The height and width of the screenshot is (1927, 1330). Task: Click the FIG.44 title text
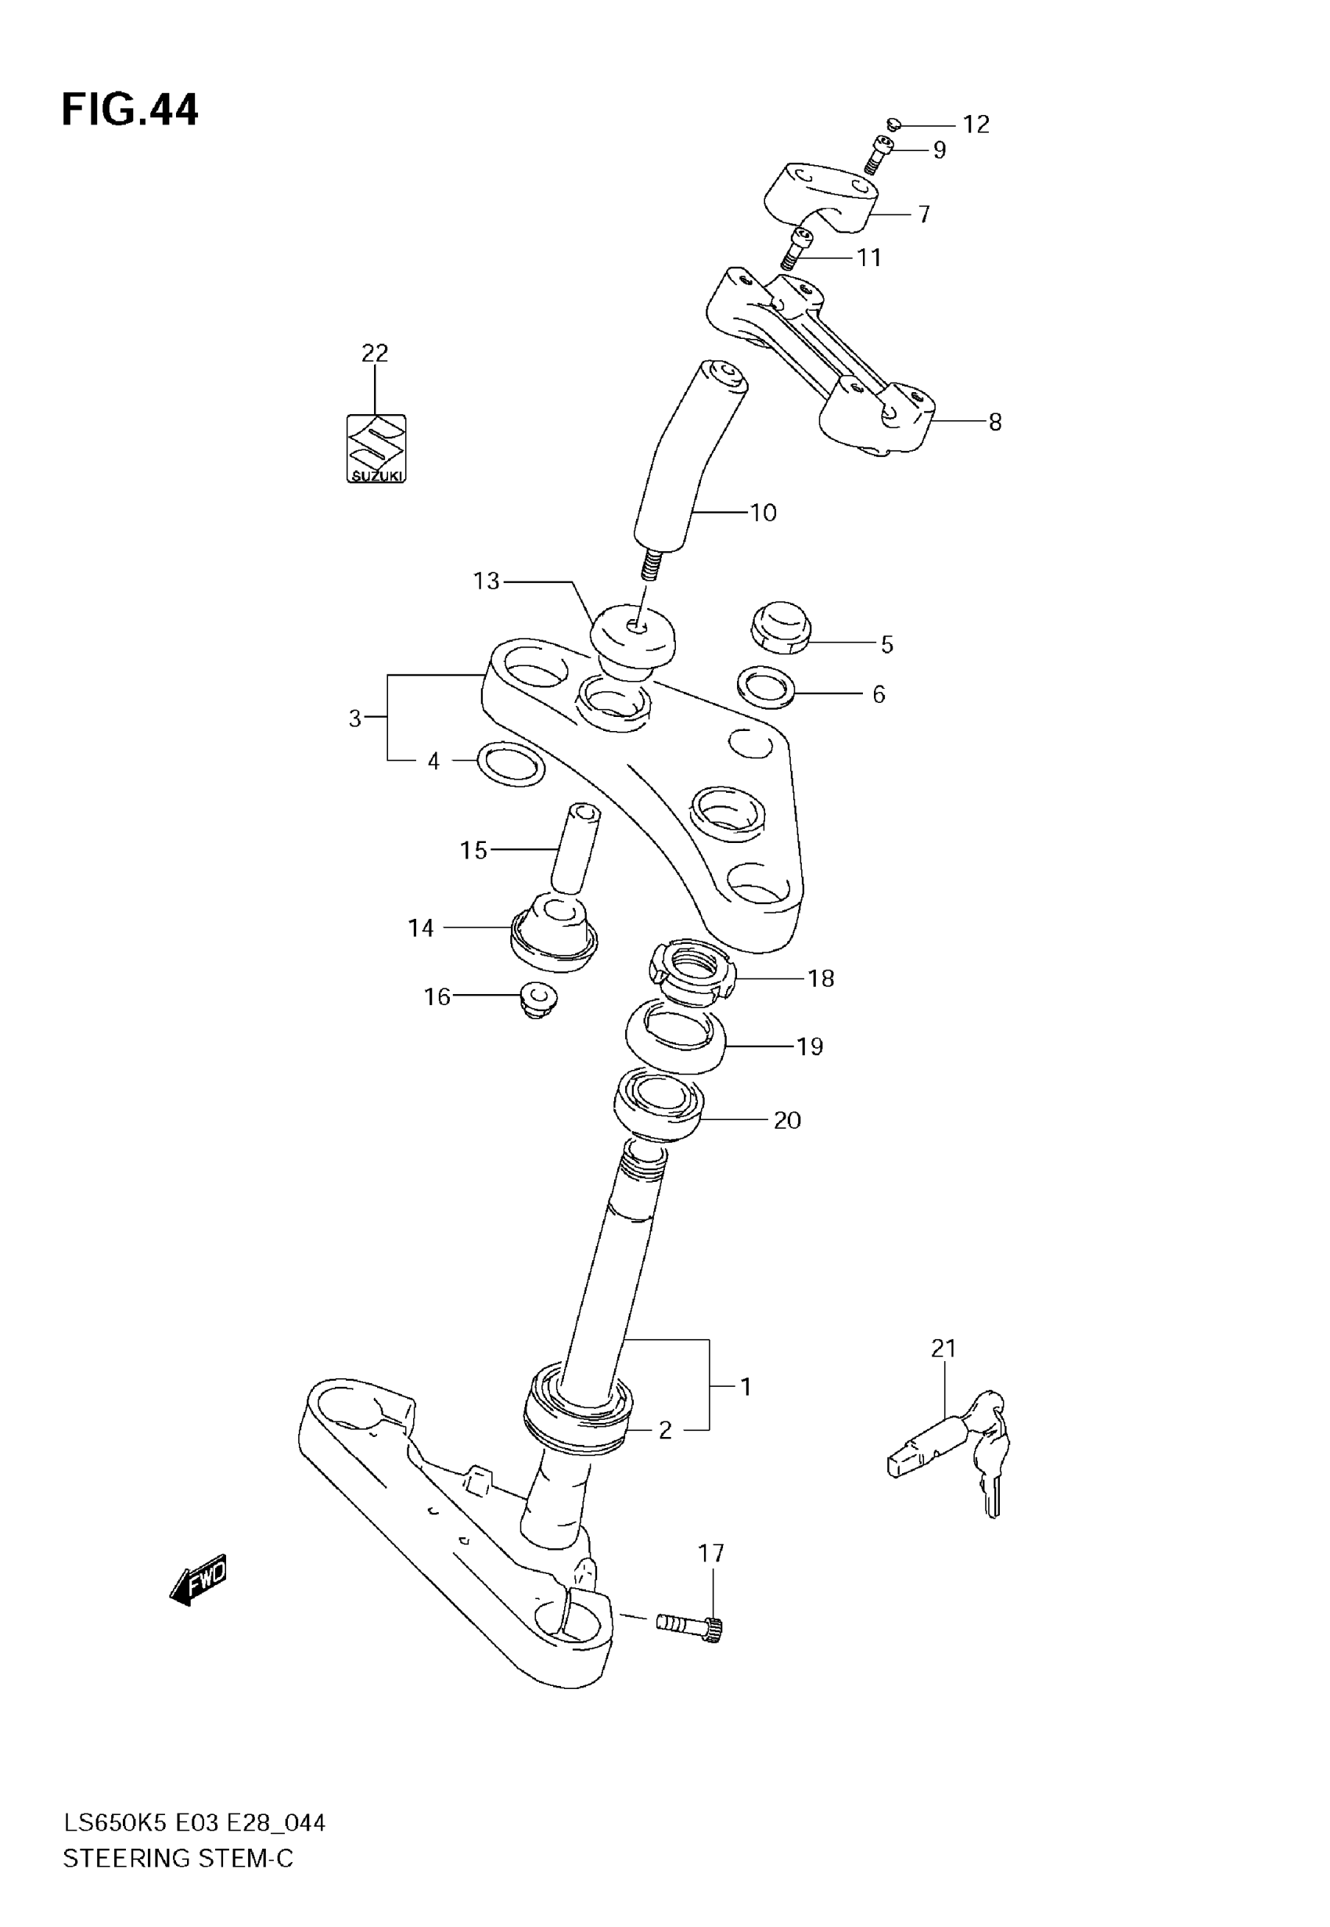pyautogui.click(x=130, y=110)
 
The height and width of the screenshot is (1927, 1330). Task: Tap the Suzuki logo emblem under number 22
pyautogui.click(x=376, y=449)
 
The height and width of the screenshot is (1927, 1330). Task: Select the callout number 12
pyautogui.click(x=976, y=124)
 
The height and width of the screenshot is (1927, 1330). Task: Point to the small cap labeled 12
pyautogui.click(x=894, y=124)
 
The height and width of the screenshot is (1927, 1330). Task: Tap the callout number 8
pyautogui.click(x=995, y=423)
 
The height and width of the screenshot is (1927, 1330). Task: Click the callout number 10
pyautogui.click(x=764, y=513)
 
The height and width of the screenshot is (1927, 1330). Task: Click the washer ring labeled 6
pyautogui.click(x=766, y=686)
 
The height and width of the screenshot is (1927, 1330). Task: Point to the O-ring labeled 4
pyautogui.click(x=512, y=763)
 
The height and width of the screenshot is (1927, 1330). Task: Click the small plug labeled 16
pyautogui.click(x=537, y=1000)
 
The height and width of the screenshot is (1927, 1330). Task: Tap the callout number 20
pyautogui.click(x=787, y=1120)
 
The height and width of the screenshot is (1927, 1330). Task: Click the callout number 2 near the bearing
pyautogui.click(x=665, y=1430)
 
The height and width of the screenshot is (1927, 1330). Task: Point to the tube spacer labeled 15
pyautogui.click(x=575, y=849)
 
